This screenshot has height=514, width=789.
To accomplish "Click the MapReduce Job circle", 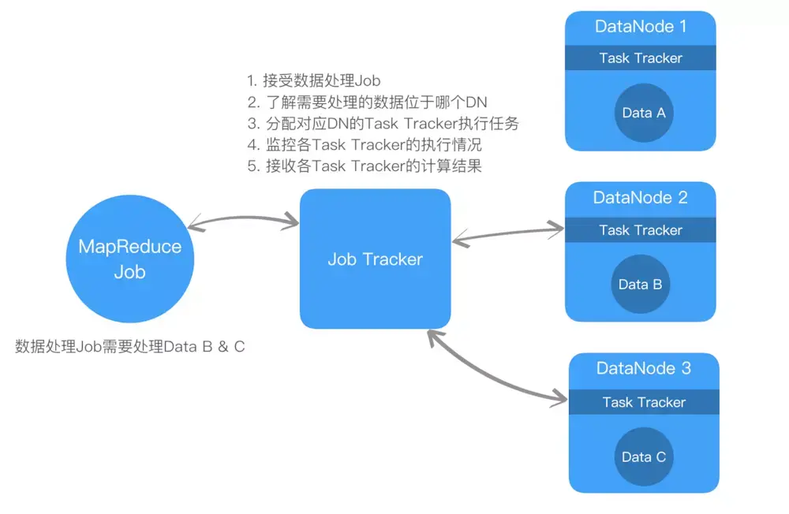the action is click(130, 259).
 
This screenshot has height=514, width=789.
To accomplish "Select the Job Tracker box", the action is click(376, 259).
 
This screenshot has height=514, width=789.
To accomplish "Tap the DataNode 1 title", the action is click(641, 26).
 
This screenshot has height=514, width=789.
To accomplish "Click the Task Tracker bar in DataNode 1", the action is click(641, 58).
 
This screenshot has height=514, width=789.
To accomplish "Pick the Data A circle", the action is click(644, 113).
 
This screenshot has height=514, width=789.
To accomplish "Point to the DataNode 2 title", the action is click(640, 197).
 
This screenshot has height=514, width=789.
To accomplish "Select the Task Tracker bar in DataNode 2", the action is click(641, 230).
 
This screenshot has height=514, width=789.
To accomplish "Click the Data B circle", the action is click(640, 284).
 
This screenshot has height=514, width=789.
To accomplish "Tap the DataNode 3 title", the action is click(644, 368).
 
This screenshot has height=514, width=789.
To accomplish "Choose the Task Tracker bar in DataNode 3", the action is click(644, 402).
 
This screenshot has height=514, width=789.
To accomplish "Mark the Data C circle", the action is click(644, 456).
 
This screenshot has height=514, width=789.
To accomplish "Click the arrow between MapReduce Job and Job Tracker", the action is click(244, 218).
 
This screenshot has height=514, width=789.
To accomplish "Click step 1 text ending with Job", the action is click(313, 80).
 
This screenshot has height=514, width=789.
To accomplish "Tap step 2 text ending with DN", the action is click(368, 102).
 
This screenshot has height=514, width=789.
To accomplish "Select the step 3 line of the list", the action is click(383, 123).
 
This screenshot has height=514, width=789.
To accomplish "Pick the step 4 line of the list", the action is click(365, 145).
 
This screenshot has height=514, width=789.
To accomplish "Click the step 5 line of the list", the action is click(365, 166).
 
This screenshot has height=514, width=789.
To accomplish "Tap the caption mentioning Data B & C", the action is click(130, 347).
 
